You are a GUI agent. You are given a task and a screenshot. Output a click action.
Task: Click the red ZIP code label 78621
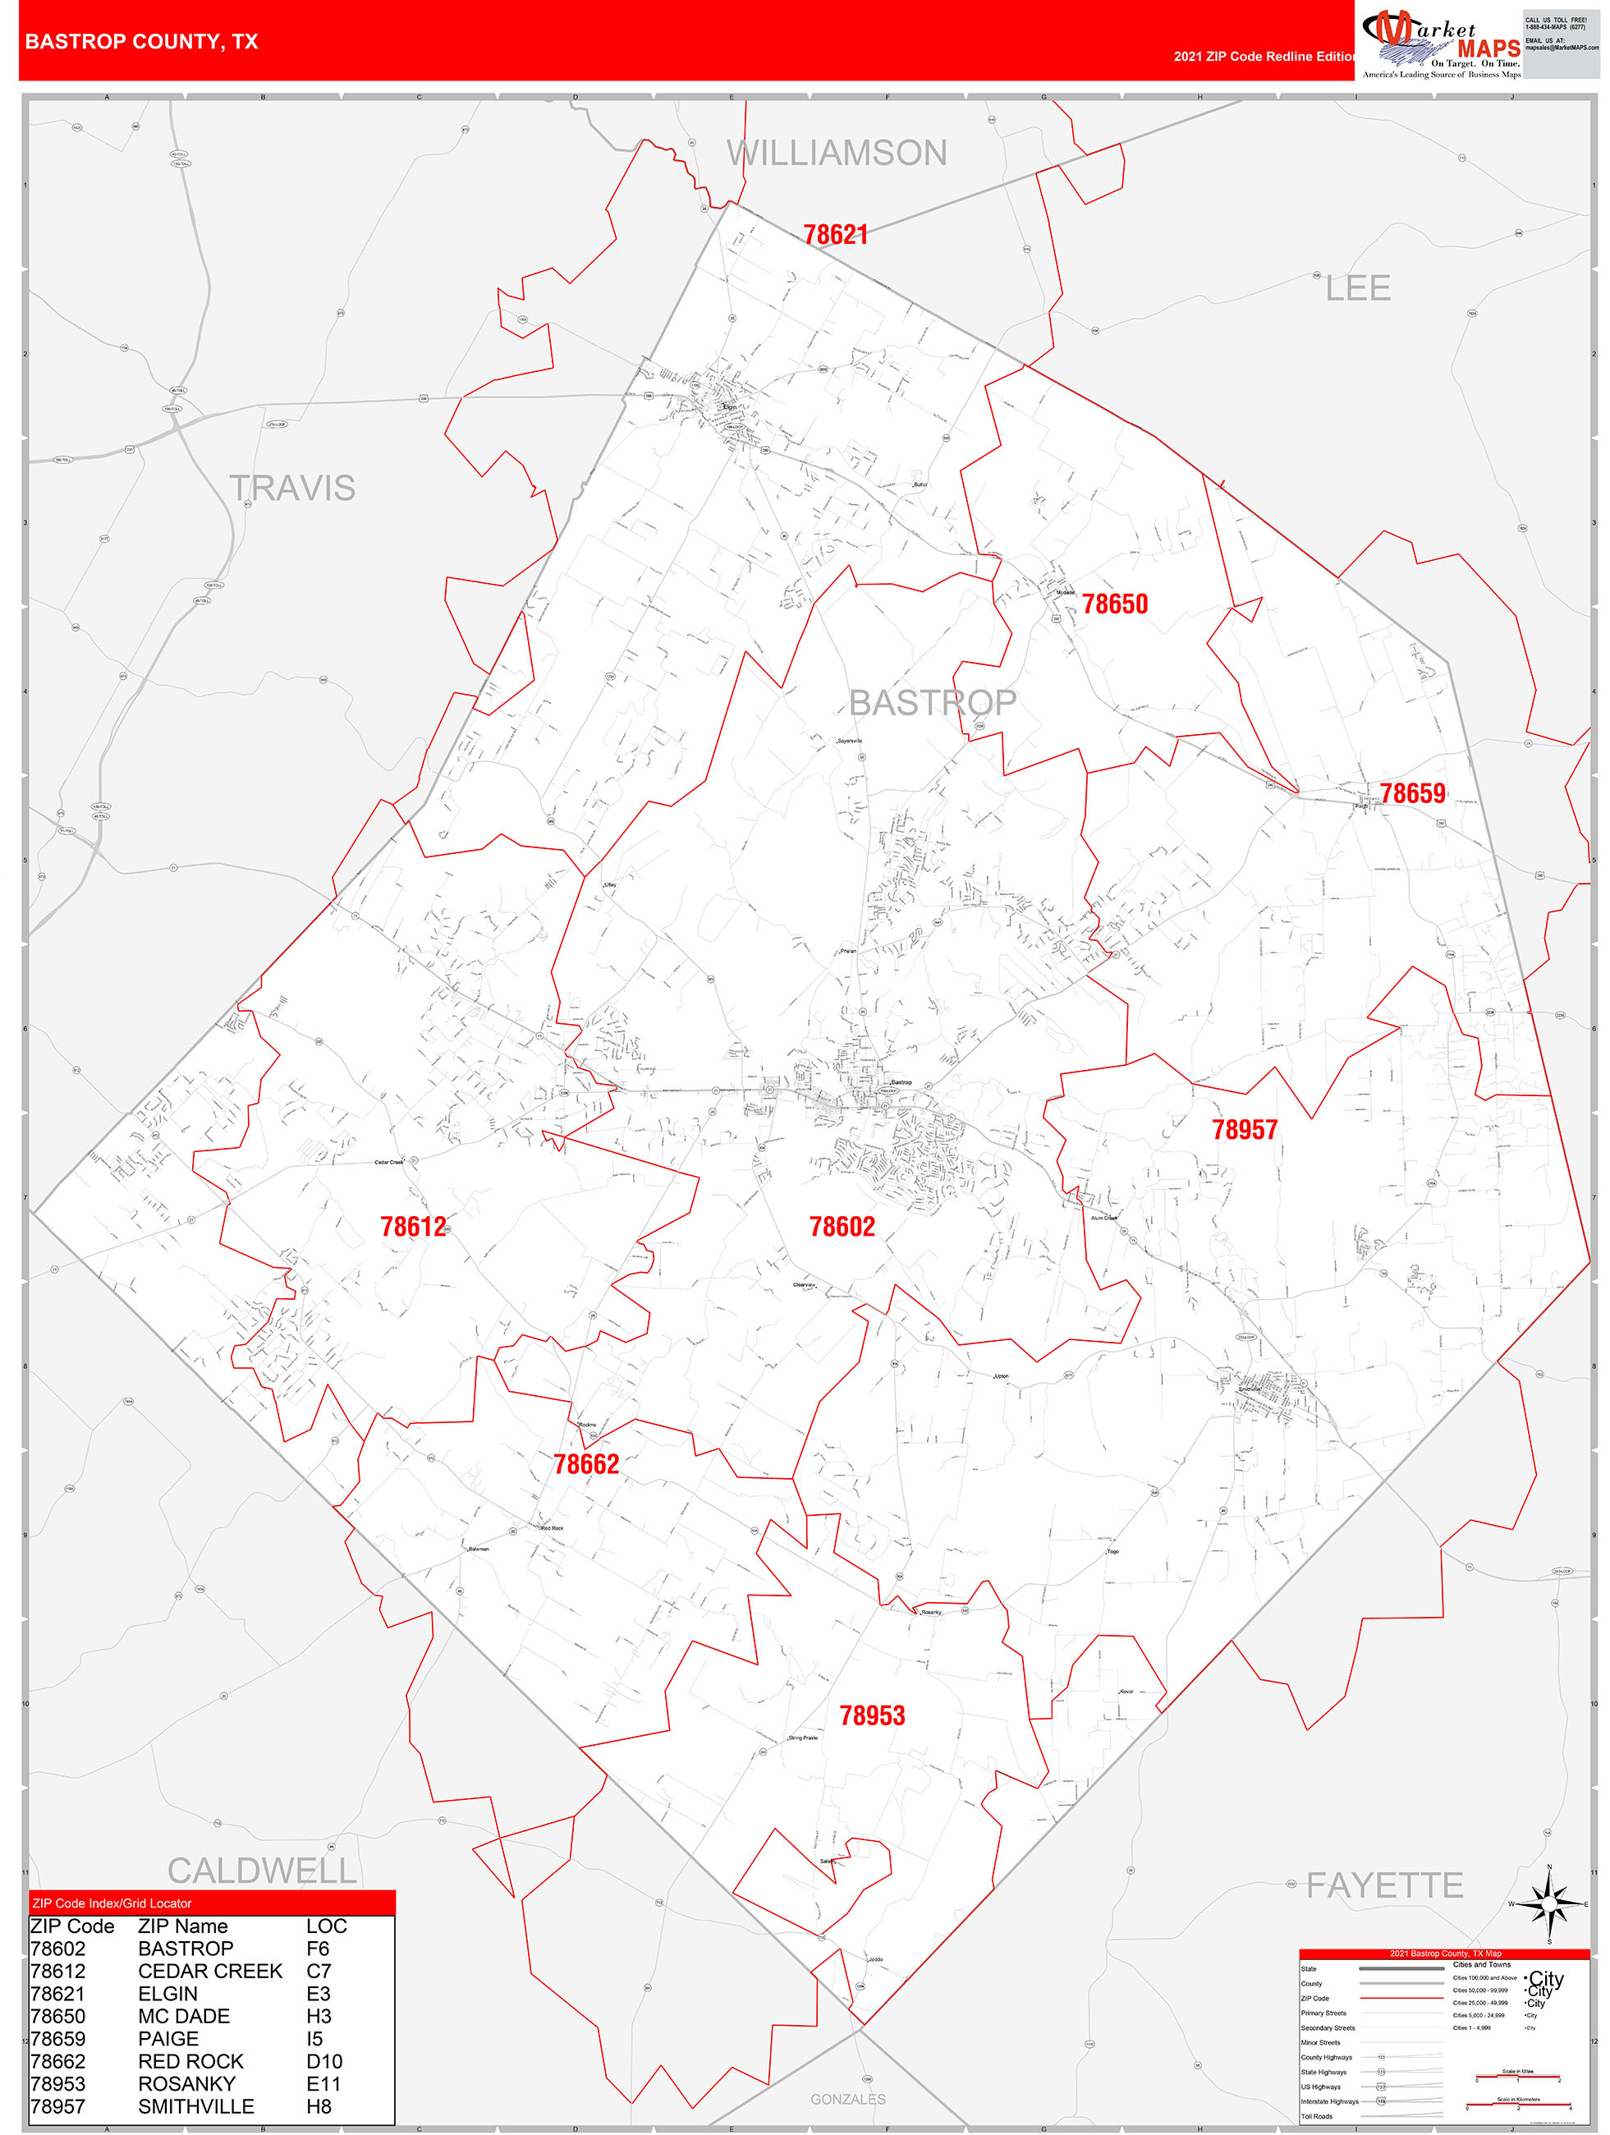[x=835, y=235]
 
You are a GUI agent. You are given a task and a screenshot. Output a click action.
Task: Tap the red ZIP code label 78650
[x=1115, y=604]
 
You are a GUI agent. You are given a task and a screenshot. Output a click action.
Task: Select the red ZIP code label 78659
[x=1412, y=793]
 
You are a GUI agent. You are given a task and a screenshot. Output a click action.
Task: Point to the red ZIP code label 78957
[x=1244, y=1129]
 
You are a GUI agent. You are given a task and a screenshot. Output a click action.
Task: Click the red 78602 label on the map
[x=842, y=1227]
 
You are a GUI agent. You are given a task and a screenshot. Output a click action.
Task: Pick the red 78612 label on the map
[x=413, y=1227]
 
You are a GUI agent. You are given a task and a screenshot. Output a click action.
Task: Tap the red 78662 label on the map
[x=586, y=1464]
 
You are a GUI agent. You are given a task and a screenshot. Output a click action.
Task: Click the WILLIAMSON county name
[x=837, y=154]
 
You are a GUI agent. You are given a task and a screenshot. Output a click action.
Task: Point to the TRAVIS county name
[x=292, y=489]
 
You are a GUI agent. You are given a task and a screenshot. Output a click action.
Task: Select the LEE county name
[x=1357, y=288]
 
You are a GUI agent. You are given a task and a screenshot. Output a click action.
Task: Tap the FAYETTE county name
[x=1384, y=1885]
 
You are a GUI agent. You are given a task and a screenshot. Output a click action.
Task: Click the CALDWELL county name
[x=262, y=1871]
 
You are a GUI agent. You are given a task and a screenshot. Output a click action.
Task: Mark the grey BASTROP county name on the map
[x=933, y=703]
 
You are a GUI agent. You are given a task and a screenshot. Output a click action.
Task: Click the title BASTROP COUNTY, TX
[x=142, y=42]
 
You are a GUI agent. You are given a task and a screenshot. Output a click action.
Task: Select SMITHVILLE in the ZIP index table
[x=196, y=2106]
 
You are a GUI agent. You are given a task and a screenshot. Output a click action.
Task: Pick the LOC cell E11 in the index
[x=323, y=2084]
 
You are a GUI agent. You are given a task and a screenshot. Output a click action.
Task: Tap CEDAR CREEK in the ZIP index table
[x=210, y=1971]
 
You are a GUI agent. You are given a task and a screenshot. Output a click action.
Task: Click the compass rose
[x=1548, y=1903]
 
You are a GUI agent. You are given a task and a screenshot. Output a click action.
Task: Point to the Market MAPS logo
[x=1441, y=43]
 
